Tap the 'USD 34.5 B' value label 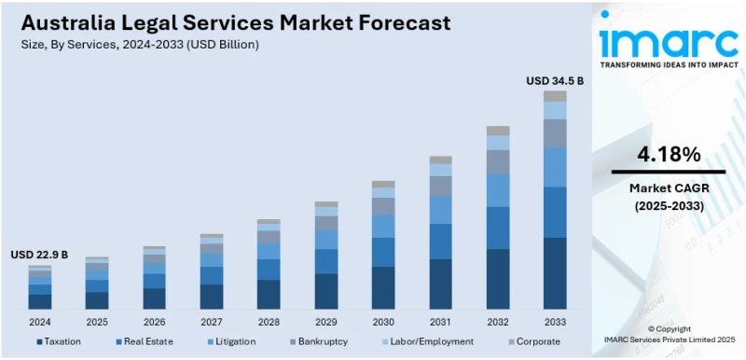(x=555, y=81)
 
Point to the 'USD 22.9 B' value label (x=39, y=255)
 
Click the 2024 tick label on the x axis (x=39, y=322)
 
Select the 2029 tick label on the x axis (x=325, y=322)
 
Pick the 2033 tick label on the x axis (x=555, y=322)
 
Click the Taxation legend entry (x=58, y=341)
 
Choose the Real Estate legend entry (x=144, y=341)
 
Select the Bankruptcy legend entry (x=320, y=341)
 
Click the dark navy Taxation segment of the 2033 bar (x=555, y=272)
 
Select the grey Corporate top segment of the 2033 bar (x=555, y=96)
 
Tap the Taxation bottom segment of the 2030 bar (x=383, y=287)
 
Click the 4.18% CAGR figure (x=668, y=155)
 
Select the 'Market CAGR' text (x=668, y=188)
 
